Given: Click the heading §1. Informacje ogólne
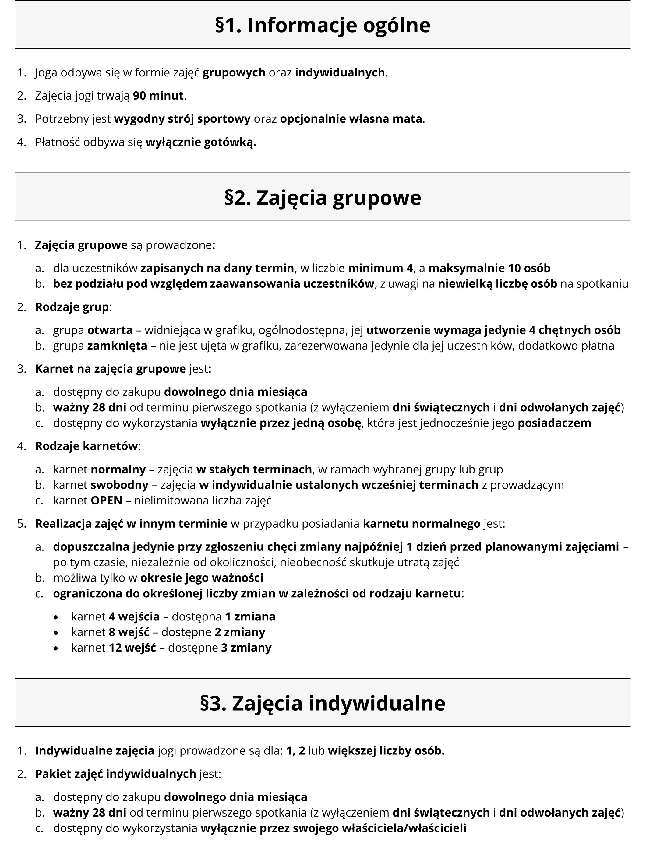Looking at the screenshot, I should [323, 25].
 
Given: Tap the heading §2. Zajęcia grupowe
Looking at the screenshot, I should [323, 198].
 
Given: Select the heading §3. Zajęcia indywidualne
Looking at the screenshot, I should [323, 703].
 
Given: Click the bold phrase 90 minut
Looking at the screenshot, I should [158, 96].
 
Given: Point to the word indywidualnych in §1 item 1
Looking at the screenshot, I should [340, 73].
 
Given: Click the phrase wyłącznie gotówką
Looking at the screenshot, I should [201, 142].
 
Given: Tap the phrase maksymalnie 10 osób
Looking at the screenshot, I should [489, 269].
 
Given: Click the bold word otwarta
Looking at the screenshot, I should [110, 330].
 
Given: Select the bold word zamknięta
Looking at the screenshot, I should [117, 346].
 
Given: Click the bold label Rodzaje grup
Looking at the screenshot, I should [72, 307].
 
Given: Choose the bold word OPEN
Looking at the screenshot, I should [106, 501].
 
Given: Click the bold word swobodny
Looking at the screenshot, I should [120, 485].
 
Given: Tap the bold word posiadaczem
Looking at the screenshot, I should [554, 423].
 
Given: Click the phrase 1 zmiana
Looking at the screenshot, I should [250, 617].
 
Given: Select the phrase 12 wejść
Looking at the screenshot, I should [132, 648].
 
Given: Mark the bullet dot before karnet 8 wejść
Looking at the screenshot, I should [56, 633].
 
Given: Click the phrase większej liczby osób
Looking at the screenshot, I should [386, 751].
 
